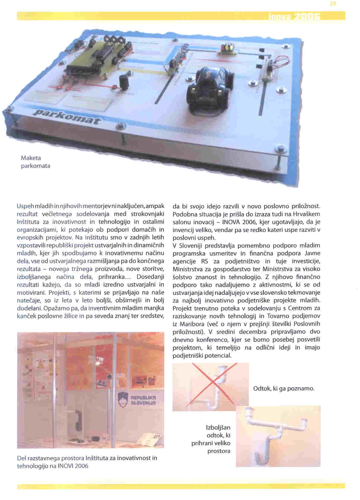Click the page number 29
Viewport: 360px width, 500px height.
pyautogui.click(x=333, y=4)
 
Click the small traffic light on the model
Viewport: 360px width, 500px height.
pyautogui.click(x=227, y=49)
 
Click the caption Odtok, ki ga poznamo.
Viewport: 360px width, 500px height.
pyautogui.click(x=284, y=388)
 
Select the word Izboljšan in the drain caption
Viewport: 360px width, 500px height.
pyautogui.click(x=218, y=427)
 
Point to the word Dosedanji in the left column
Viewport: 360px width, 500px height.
pyautogui.click(x=150, y=277)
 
